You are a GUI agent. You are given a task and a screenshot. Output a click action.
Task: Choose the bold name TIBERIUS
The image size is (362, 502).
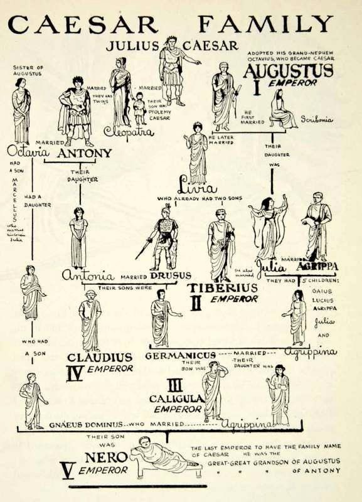pyautogui.click(x=222, y=288)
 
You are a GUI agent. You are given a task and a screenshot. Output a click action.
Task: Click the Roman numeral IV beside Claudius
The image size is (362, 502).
pyautogui.click(x=75, y=373)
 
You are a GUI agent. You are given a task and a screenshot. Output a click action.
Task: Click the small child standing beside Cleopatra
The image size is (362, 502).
pyautogui.click(x=139, y=108)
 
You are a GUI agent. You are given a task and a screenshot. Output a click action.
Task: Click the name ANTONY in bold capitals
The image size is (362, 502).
pyautogui.click(x=84, y=152)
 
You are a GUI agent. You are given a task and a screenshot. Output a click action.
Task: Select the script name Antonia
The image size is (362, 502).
pyautogui.click(x=88, y=275)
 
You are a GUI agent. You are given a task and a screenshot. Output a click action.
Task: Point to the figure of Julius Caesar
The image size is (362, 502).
pyautogui.click(x=173, y=69)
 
